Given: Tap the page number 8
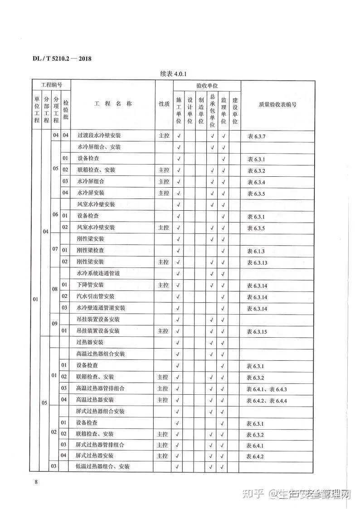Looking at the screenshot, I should [x=36, y=481].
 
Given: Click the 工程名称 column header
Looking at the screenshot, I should [x=113, y=104].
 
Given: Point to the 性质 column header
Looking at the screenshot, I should [x=164, y=104].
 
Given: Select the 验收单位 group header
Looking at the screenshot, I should [x=207, y=86].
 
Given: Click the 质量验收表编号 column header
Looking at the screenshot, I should [x=277, y=104].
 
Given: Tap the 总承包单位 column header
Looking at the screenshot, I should [x=212, y=110].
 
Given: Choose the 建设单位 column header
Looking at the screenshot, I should [x=234, y=110].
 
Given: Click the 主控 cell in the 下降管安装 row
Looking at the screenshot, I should [x=164, y=285].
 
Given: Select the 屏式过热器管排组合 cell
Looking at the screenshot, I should [x=100, y=445].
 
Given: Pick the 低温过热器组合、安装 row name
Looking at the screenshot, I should [x=102, y=467].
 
